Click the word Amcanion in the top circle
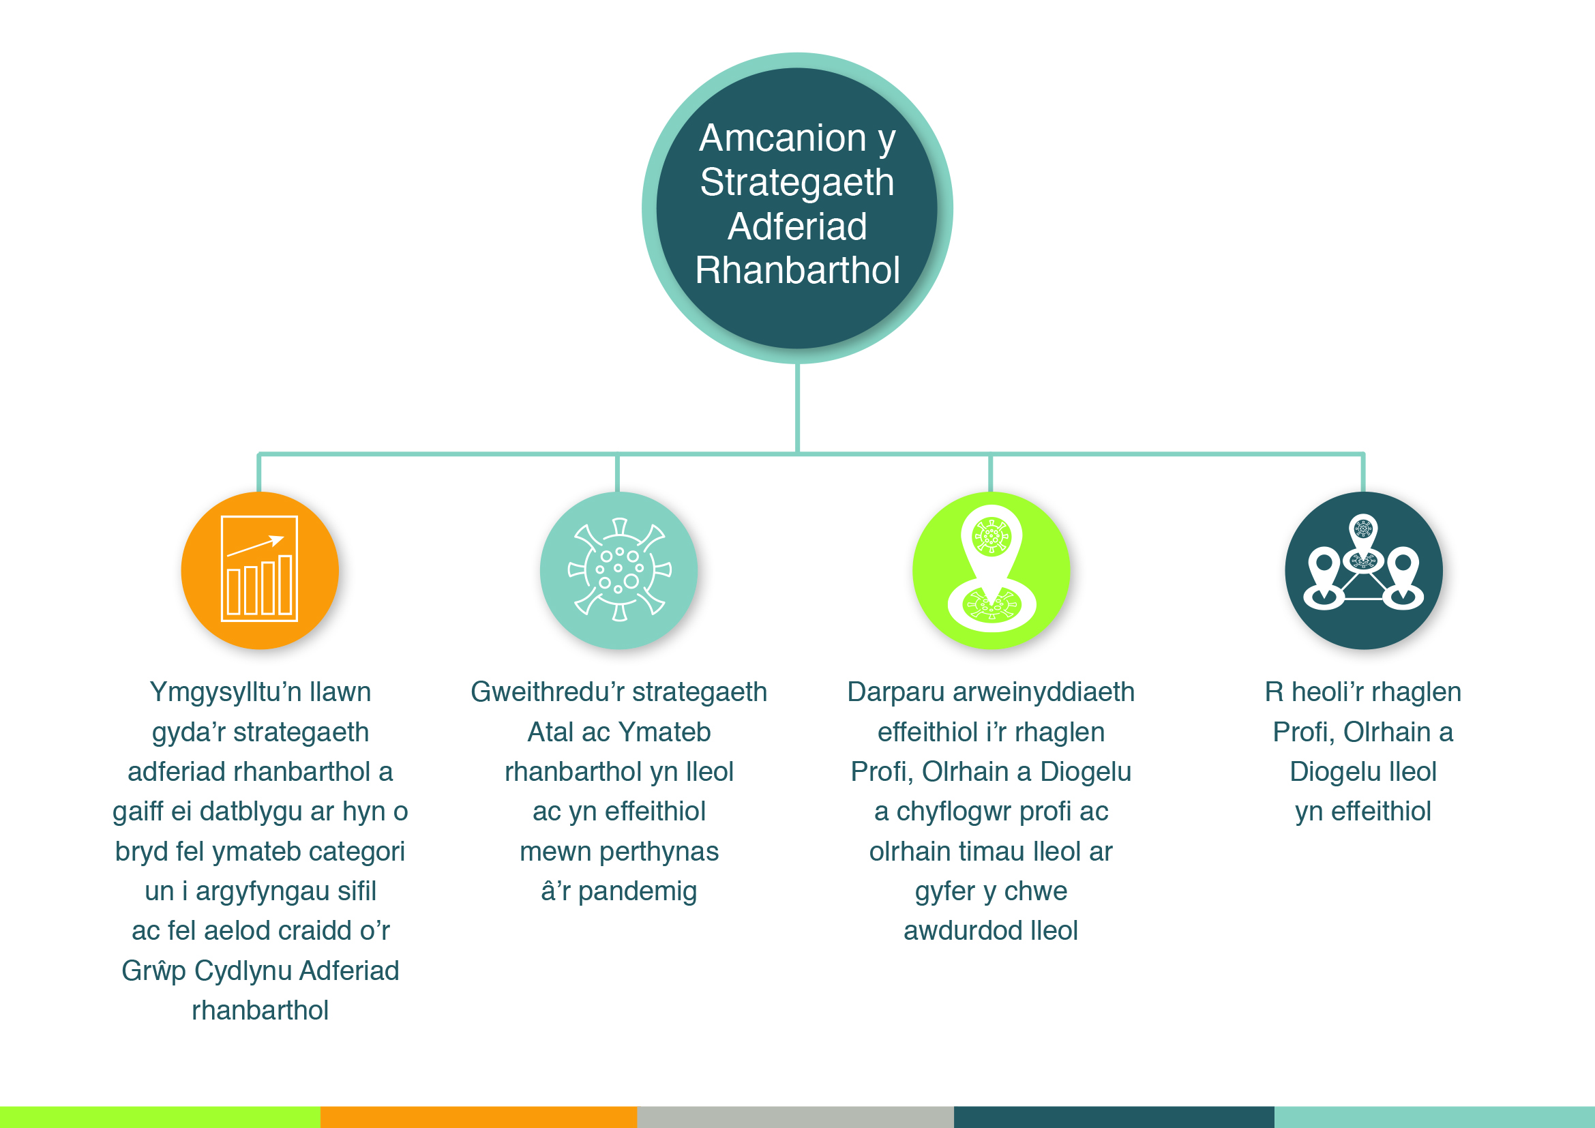[x=783, y=138]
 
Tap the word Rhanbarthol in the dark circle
[x=798, y=269]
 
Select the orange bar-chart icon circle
[x=260, y=570]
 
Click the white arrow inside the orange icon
[x=256, y=546]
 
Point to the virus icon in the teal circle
[x=619, y=569]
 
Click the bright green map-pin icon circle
[x=992, y=570]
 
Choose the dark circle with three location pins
[x=1364, y=570]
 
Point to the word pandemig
[x=637, y=891]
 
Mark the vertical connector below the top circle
[x=798, y=409]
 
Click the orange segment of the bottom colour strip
[x=479, y=1117]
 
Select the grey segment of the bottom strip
[x=795, y=1117]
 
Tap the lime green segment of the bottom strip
[x=160, y=1117]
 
